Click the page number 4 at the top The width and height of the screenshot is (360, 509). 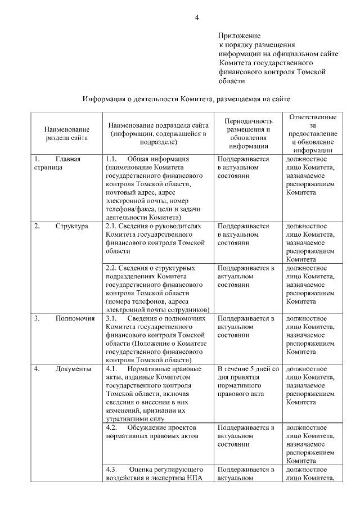[197, 17]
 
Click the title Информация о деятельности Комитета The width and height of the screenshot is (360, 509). [186, 99]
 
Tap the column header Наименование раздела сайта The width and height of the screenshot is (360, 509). [66, 133]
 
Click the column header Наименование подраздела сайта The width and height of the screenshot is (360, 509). [158, 133]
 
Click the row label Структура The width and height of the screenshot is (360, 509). [71, 226]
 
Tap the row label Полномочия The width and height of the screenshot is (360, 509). [74, 318]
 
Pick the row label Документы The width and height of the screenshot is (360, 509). [73, 369]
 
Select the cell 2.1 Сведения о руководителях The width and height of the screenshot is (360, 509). [157, 238]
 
